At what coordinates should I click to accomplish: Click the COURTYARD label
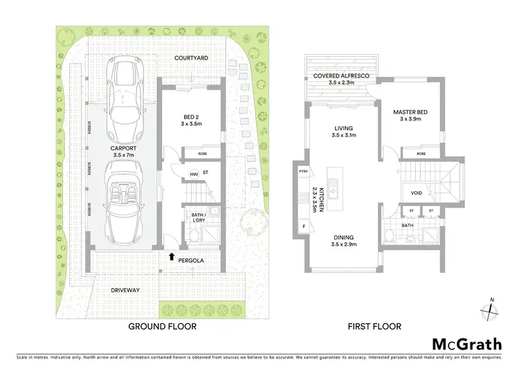pyautogui.click(x=192, y=58)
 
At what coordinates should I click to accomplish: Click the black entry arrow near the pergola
pyautogui.click(x=172, y=256)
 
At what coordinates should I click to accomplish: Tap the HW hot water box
pyautogui.click(x=175, y=174)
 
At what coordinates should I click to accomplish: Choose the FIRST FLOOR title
pyautogui.click(x=374, y=326)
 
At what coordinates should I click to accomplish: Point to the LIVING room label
pyautogui.click(x=343, y=128)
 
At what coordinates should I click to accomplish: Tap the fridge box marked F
pyautogui.click(x=303, y=226)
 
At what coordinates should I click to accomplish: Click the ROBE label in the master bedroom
pyautogui.click(x=421, y=154)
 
